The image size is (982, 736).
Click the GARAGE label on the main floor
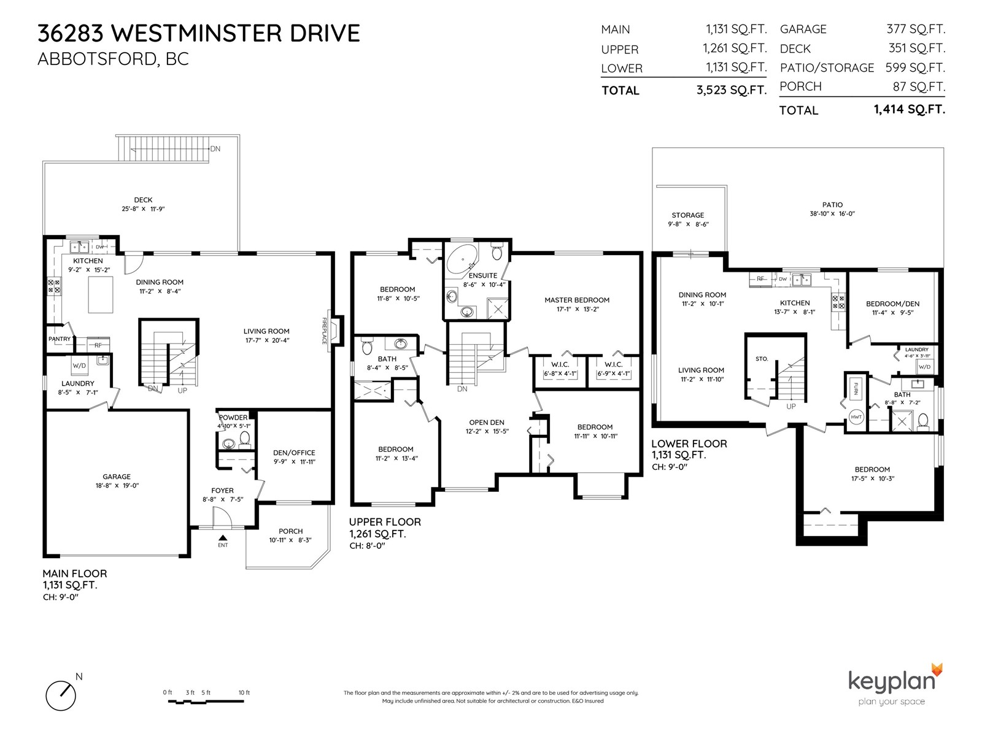117,477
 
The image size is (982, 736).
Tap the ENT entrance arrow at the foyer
223,538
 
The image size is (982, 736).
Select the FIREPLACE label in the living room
324,331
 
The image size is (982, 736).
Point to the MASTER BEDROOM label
577,300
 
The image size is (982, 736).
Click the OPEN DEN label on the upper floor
487,423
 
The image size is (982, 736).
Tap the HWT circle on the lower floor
856,417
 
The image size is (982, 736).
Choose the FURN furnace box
856,389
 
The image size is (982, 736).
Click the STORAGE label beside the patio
687,215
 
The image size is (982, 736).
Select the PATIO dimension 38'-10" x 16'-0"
832,213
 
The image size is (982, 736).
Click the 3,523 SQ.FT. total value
732,90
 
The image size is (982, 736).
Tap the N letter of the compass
79,677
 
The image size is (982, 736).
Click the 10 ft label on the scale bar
244,692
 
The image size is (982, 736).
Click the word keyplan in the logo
891,683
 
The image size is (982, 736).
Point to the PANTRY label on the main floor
60,339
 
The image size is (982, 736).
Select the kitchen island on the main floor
100,295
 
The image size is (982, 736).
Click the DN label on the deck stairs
215,149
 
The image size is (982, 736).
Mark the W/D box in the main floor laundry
79,366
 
